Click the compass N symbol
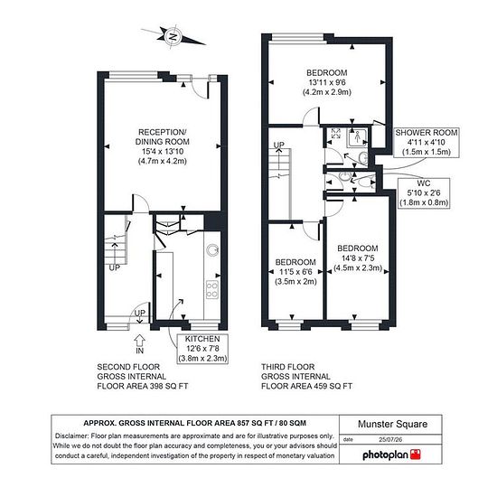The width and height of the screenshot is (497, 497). tap(173, 37)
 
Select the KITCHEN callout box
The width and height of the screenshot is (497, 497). tap(202, 348)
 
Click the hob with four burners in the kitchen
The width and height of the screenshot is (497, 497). tap(212, 289)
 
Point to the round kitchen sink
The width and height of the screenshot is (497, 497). tap(212, 250)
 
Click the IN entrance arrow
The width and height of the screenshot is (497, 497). tap(140, 341)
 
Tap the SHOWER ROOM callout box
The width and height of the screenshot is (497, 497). tap(427, 142)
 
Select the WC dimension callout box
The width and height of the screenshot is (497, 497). tap(424, 193)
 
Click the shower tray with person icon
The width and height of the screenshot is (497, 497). tap(357, 137)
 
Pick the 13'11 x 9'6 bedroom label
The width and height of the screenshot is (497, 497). tap(327, 82)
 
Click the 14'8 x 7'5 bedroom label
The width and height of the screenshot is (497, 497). tap(358, 258)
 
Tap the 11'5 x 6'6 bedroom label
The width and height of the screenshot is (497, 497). tap(295, 272)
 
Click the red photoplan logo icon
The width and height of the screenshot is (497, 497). tap(416, 455)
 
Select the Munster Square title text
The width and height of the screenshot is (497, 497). tap(392, 424)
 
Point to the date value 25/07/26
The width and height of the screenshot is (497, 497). tap(390, 440)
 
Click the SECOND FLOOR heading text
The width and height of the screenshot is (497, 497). tap(128, 367)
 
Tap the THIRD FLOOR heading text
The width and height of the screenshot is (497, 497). tap(287, 367)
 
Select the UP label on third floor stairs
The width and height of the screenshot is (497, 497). tap(279, 145)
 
